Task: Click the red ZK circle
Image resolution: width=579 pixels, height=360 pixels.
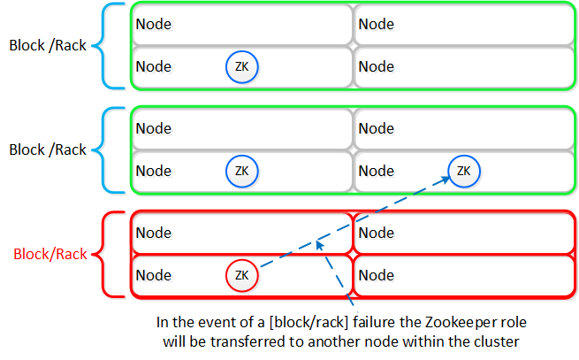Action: pos(242,276)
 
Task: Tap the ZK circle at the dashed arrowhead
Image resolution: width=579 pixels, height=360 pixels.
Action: pos(464,171)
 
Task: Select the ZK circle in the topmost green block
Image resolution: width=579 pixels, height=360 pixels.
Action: pos(242,67)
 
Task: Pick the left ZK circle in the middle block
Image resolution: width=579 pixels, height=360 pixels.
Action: pos(242,171)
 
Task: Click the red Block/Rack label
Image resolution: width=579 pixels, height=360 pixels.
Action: pos(50,254)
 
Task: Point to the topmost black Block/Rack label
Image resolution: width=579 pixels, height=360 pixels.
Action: pos(48,45)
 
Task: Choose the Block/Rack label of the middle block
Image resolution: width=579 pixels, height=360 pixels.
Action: pos(48,149)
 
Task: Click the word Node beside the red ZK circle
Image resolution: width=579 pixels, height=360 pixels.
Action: pos(154,276)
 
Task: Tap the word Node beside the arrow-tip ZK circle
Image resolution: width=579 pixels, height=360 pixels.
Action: pos(377,171)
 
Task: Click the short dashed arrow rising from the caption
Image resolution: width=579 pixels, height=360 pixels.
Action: pos(331,274)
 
